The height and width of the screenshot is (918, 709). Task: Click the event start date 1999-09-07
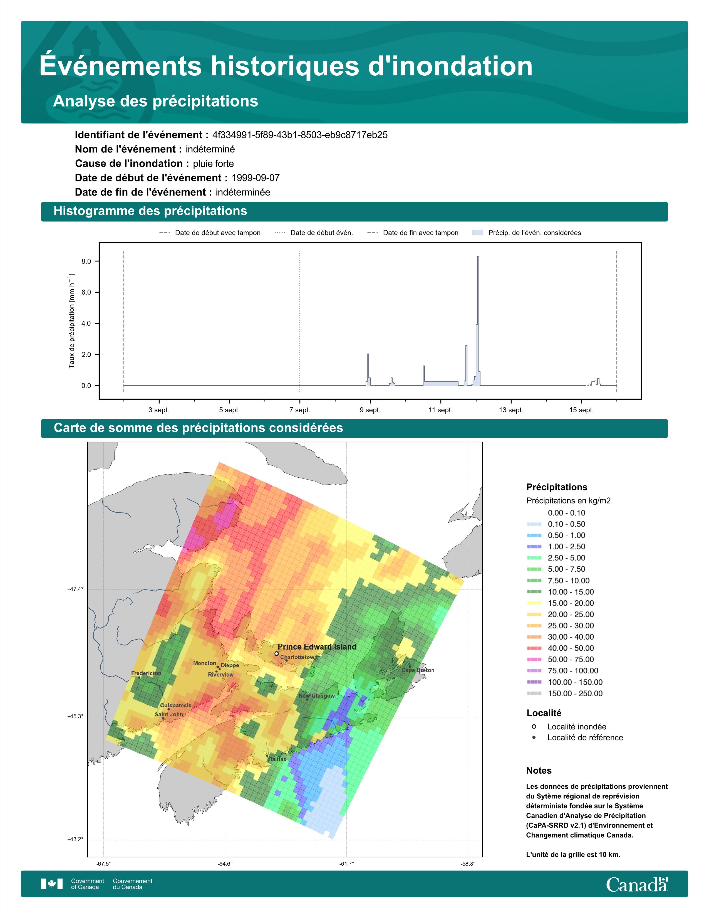(x=255, y=178)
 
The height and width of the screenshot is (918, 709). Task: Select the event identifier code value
(x=300, y=135)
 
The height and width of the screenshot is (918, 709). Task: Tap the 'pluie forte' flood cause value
(x=213, y=164)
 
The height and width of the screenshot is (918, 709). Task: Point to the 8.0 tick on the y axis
(x=86, y=261)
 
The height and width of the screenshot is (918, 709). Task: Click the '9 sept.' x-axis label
(x=370, y=410)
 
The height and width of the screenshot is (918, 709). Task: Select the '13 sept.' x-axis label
(x=511, y=410)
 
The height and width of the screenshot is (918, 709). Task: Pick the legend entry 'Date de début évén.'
(x=322, y=233)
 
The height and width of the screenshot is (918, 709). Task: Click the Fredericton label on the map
(x=146, y=673)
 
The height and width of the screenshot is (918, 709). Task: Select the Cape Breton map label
(x=418, y=670)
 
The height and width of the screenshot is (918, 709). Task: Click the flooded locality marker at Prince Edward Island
(x=276, y=654)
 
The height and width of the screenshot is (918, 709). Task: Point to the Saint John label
(x=169, y=714)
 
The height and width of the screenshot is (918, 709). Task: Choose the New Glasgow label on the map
(x=317, y=696)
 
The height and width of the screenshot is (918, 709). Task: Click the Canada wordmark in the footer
(x=637, y=884)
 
